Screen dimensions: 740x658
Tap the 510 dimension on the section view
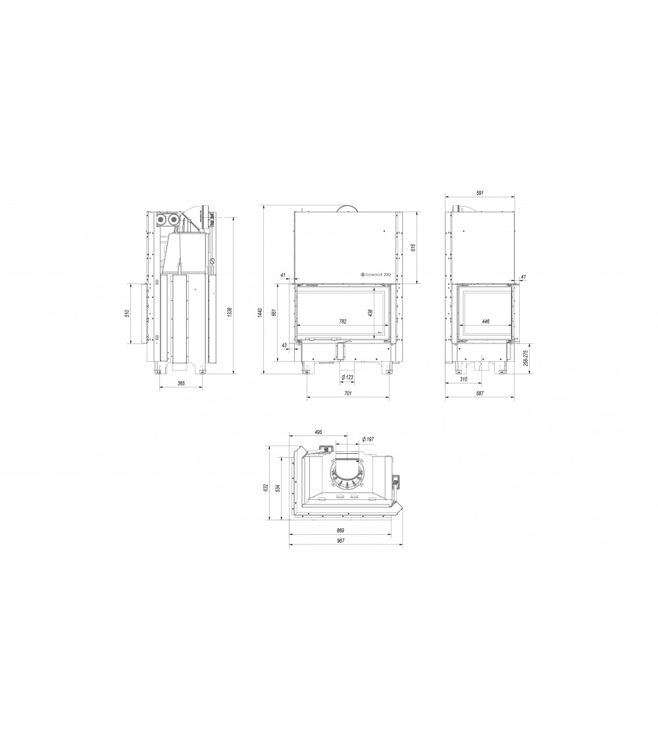click(x=128, y=313)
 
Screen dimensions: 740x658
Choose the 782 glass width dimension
click(x=343, y=322)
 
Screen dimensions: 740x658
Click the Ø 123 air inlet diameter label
click(x=347, y=377)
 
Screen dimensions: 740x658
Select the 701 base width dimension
click(x=348, y=393)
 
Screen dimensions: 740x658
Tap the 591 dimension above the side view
click(x=480, y=193)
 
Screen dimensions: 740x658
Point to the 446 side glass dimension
click(x=486, y=322)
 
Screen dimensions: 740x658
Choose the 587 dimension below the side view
click(x=480, y=393)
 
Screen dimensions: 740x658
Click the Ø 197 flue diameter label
click(x=368, y=439)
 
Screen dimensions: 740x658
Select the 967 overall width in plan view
click(x=340, y=540)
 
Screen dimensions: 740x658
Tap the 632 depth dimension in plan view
click(x=265, y=487)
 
